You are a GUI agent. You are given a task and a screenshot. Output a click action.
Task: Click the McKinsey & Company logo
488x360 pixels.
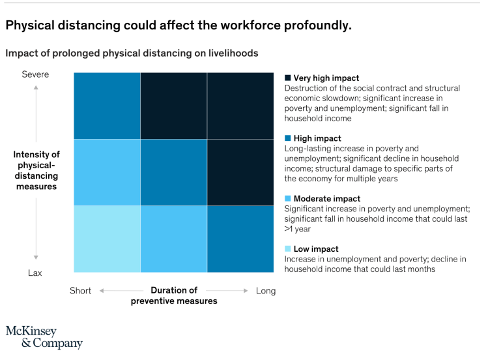(x=44, y=337)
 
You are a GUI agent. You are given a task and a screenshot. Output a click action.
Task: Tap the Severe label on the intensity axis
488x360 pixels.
(x=35, y=74)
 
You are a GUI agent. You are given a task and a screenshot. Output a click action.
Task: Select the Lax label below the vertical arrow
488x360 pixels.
(x=35, y=273)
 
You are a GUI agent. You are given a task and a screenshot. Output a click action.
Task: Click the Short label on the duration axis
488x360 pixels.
(x=81, y=291)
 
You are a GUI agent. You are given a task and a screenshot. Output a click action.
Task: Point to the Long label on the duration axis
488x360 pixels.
(x=266, y=291)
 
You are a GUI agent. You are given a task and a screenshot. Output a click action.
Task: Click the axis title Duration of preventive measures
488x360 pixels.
(x=174, y=295)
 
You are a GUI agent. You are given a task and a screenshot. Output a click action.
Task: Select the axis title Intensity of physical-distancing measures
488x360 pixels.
(x=36, y=170)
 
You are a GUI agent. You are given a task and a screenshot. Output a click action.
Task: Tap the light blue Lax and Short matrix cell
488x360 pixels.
(x=107, y=239)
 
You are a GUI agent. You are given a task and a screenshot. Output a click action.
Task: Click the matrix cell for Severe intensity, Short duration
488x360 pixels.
(x=107, y=106)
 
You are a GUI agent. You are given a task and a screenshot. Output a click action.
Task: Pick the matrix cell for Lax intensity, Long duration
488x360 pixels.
(x=240, y=239)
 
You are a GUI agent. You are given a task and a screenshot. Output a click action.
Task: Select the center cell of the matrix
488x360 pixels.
(x=173, y=172)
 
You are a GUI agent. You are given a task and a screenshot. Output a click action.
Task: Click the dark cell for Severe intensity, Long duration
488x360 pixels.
(x=240, y=106)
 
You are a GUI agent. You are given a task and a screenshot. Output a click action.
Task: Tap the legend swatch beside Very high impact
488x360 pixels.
(x=287, y=78)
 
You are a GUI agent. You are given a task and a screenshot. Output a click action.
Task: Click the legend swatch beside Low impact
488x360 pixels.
(x=287, y=248)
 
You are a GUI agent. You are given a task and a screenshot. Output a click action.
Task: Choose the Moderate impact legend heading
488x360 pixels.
(x=327, y=198)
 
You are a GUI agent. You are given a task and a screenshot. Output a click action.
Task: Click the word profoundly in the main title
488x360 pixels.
(x=312, y=25)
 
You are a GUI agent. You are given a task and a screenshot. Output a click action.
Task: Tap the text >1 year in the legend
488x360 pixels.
(x=298, y=229)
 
